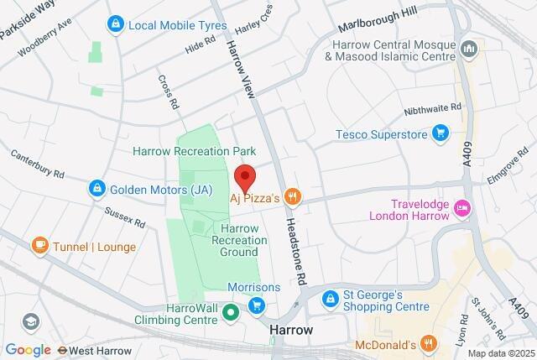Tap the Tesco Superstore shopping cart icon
pyautogui.click(x=440, y=133)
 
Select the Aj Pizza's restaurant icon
pyautogui.click(x=292, y=197)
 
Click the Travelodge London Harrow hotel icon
pyautogui.click(x=461, y=207)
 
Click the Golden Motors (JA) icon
pyautogui.click(x=97, y=190)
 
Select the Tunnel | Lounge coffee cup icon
pyautogui.click(x=39, y=244)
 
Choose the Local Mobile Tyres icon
pyautogui.click(x=113, y=25)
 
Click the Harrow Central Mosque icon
pyautogui.click(x=469, y=50)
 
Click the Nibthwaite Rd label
pyautogui.click(x=433, y=107)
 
